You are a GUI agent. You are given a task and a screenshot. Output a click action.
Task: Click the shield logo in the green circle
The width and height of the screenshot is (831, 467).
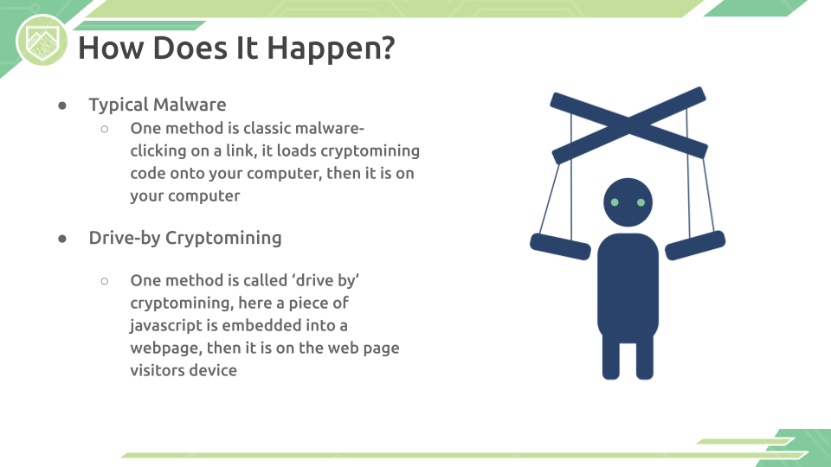42,41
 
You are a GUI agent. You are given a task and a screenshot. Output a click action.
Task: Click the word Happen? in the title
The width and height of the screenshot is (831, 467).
331,48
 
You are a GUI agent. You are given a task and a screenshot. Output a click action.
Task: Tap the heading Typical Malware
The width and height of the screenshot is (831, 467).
158,105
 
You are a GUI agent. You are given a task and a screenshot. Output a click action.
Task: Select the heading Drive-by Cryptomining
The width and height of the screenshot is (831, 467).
185,239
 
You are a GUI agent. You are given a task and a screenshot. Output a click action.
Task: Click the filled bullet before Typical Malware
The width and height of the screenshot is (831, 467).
62,106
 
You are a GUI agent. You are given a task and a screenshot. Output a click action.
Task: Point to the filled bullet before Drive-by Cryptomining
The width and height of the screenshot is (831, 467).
62,240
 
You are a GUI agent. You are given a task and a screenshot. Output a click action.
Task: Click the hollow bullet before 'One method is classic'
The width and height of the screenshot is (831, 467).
105,129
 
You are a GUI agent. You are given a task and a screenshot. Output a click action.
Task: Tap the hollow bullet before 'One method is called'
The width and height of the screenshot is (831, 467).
105,281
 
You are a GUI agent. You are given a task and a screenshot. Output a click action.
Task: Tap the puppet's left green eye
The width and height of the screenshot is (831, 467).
615,202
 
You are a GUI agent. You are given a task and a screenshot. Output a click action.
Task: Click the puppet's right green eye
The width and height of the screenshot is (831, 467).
641,202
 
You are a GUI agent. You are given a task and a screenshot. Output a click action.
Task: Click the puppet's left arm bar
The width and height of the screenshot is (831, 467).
560,246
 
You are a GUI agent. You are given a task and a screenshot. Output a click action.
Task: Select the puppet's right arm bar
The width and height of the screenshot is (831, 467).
695,245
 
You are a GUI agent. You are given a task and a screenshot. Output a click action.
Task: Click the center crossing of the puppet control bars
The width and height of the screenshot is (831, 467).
628,125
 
